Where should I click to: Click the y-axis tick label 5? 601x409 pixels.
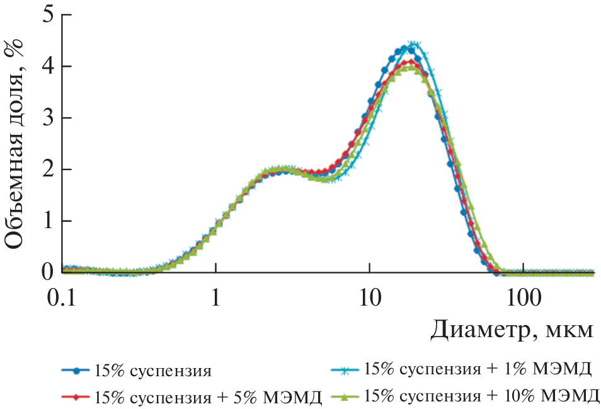click(x=47, y=15)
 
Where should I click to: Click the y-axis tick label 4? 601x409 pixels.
click(x=47, y=67)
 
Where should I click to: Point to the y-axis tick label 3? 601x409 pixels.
click(x=47, y=118)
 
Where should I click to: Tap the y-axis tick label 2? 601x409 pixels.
click(x=47, y=170)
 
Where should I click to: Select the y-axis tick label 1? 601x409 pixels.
click(x=47, y=222)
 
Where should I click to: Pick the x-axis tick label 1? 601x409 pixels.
click(x=216, y=296)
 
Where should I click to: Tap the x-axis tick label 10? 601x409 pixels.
click(x=370, y=296)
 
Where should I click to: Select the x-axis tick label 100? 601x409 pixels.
click(x=524, y=296)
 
